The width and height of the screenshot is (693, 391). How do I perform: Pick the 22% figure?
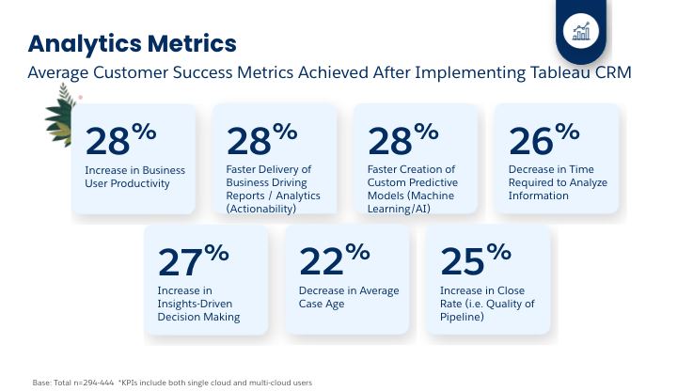333,259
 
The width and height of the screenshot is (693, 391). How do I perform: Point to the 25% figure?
474,259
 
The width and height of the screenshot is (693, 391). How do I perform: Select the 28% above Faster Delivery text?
262,139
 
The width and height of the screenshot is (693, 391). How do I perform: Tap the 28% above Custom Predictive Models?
403,139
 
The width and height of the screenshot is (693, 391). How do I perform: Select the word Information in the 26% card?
538,195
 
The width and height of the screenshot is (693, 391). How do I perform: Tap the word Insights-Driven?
194,304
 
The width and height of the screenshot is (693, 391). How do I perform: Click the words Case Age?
320,304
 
